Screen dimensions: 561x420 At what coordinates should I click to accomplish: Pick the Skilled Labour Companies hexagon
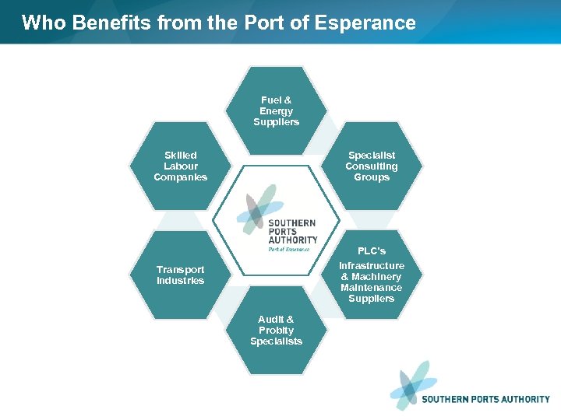[181, 166]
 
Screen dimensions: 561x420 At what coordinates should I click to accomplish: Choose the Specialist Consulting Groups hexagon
[372, 166]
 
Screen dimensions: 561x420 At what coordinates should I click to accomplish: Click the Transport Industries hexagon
[181, 275]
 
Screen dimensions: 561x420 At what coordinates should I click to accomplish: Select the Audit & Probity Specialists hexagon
[277, 331]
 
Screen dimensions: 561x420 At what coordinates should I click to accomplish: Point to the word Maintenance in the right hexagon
[372, 288]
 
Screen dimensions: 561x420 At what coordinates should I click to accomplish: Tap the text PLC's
[372, 251]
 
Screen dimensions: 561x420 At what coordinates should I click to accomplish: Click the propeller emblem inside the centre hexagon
[260, 208]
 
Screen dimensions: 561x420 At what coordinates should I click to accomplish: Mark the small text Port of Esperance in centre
[289, 250]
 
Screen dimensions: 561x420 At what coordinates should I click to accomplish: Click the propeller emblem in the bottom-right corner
[413, 385]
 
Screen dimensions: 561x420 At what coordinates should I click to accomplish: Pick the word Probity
[277, 331]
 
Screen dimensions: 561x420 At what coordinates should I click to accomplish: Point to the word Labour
[181, 166]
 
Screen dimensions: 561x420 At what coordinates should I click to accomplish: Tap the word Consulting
[372, 166]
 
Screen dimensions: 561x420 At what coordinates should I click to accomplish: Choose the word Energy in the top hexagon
[277, 111]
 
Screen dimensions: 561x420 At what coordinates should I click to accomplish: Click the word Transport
[181, 270]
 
